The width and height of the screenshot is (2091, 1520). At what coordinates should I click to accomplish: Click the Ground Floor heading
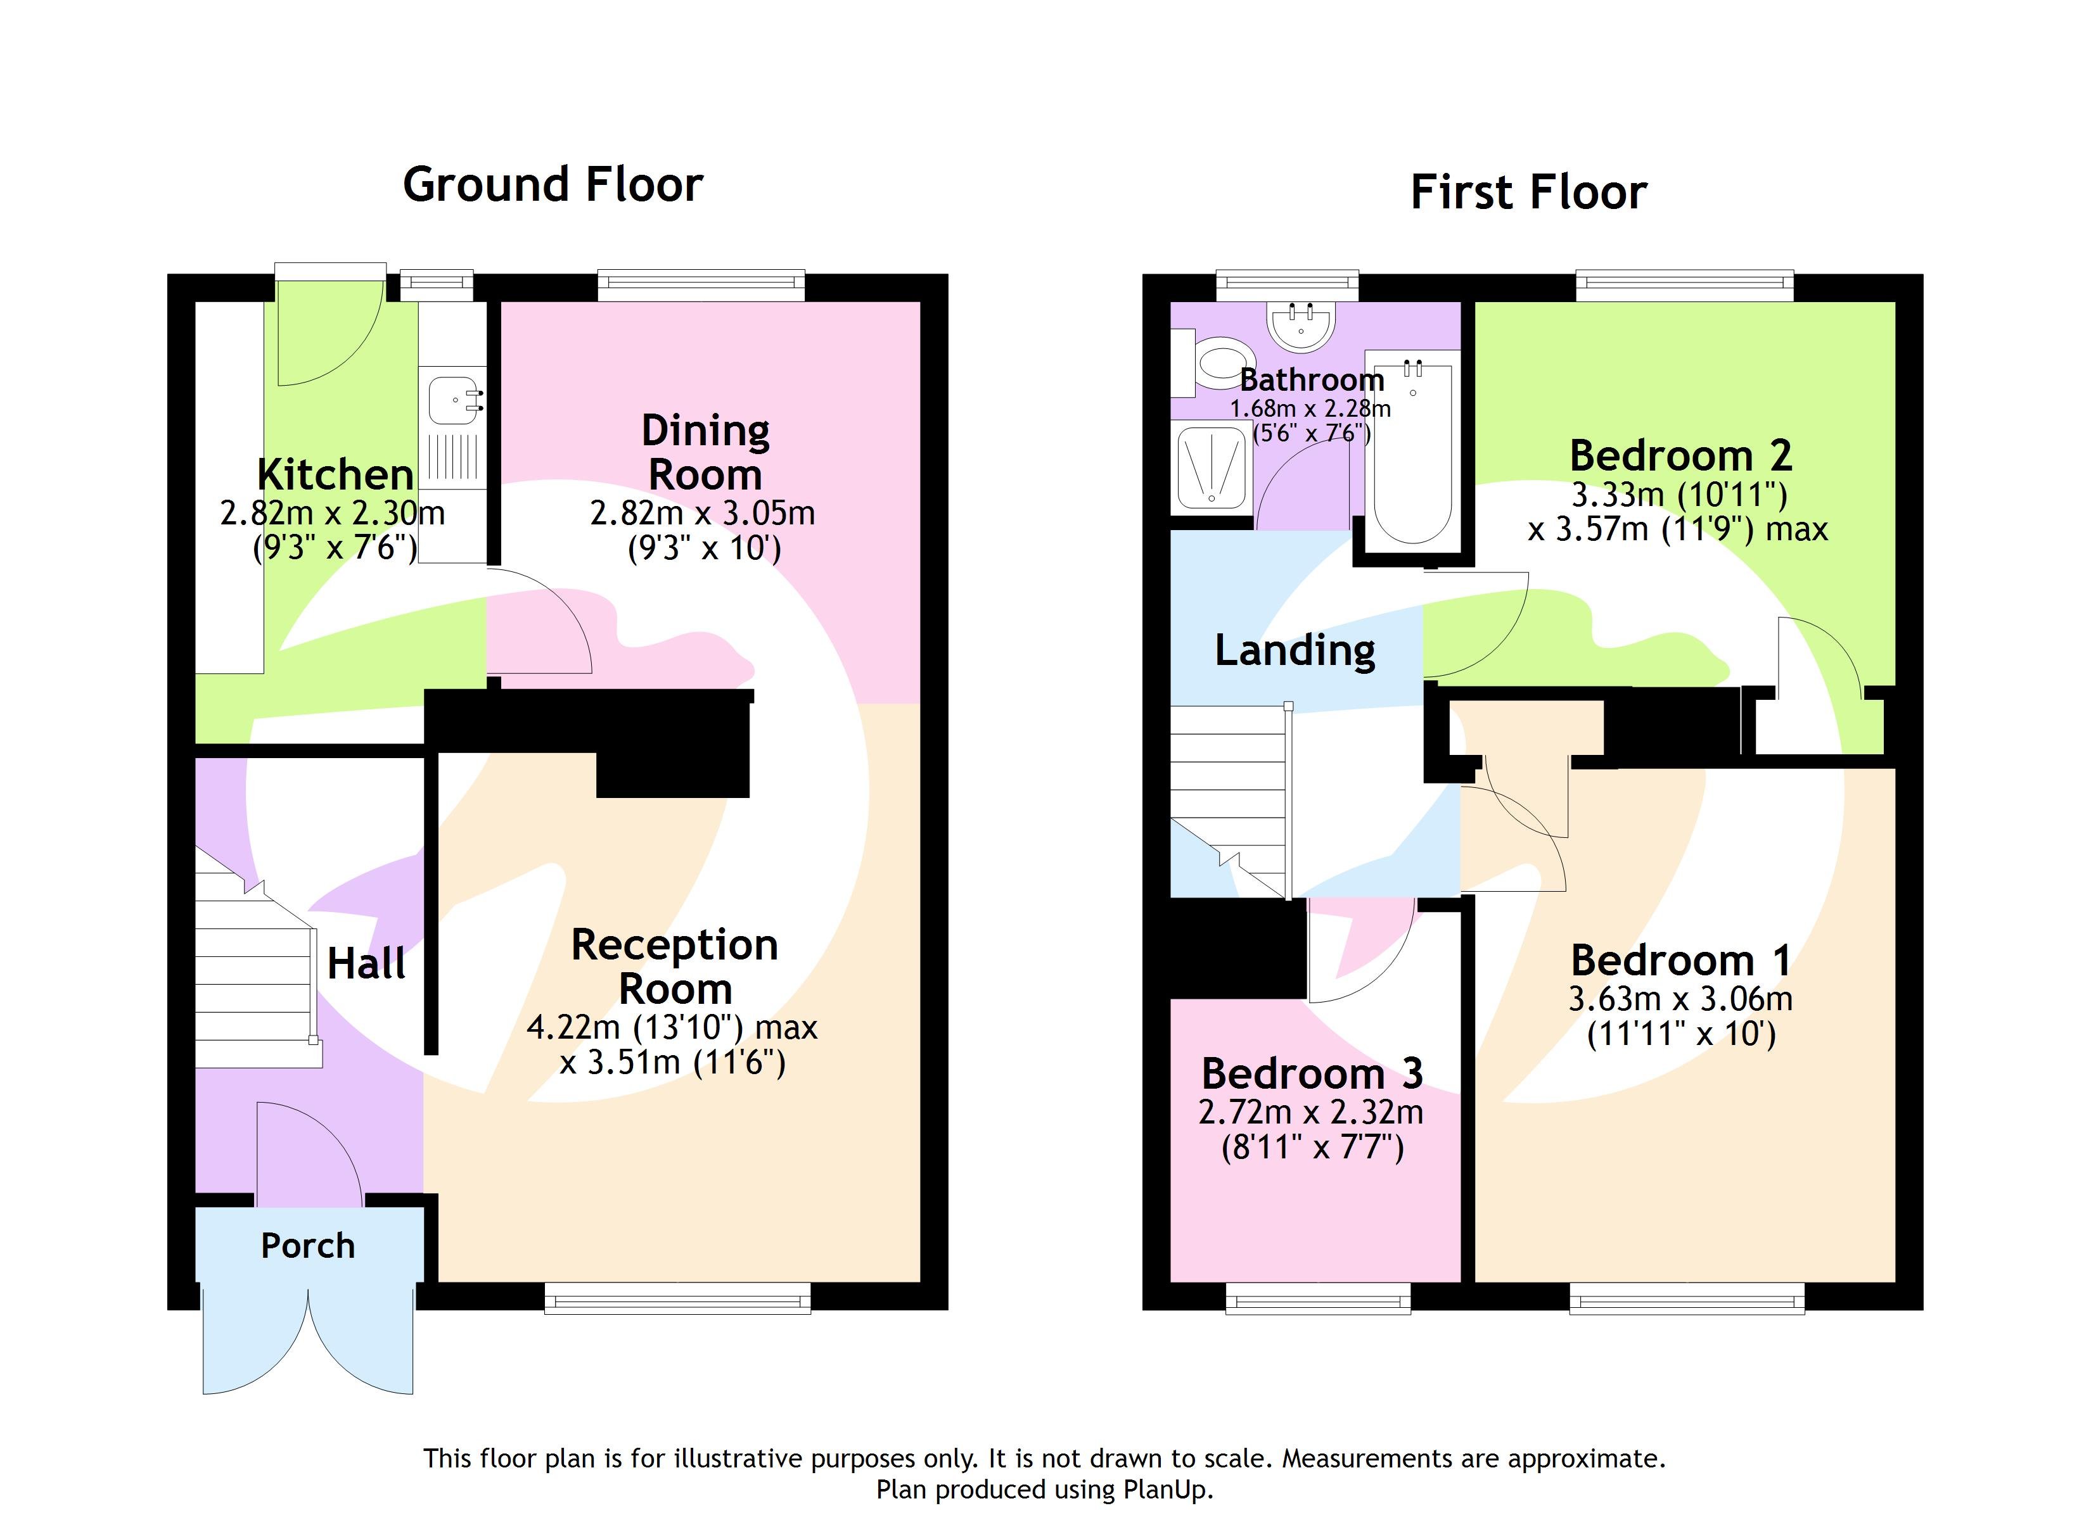point(553,184)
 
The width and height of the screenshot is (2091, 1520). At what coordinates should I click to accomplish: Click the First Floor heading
point(1528,193)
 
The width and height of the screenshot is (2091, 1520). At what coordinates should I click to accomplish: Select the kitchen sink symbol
point(454,402)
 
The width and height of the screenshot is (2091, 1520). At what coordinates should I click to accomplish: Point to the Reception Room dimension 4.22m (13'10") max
point(671,1027)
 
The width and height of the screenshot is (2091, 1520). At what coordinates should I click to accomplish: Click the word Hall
point(366,964)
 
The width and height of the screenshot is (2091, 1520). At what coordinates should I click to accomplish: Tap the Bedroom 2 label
point(1680,456)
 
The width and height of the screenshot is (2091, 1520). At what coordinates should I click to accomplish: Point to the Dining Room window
point(701,285)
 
